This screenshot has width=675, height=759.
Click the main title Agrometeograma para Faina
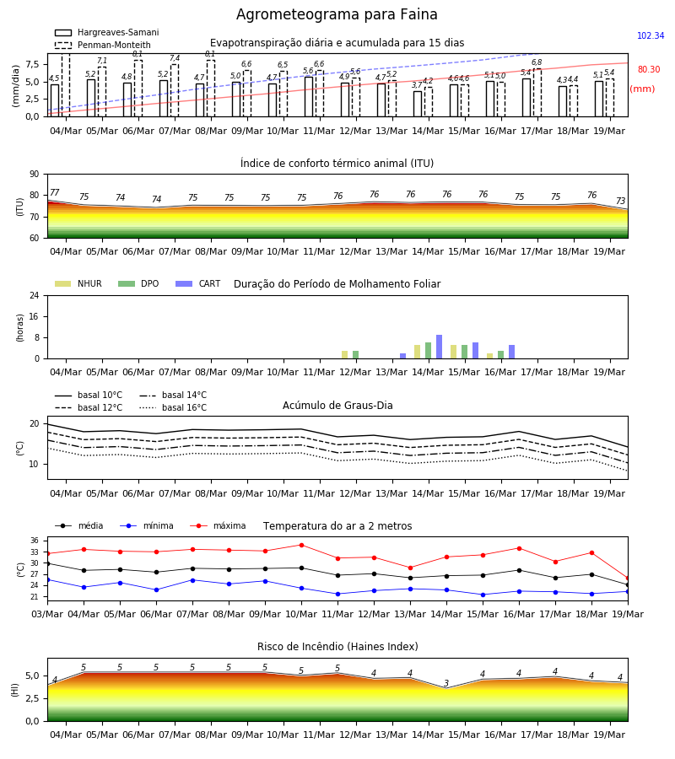click(x=337, y=14)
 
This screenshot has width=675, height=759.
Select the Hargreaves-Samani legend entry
click(x=106, y=32)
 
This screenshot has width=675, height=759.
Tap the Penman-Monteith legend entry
click(x=103, y=45)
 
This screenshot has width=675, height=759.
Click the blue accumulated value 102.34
click(x=651, y=35)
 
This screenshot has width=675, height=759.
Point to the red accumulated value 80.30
click(x=649, y=69)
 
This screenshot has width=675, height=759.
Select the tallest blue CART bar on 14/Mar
click(x=440, y=347)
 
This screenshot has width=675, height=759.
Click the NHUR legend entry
click(x=78, y=283)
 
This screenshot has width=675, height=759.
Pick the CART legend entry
click(x=198, y=283)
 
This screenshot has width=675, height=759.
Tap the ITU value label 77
click(x=54, y=192)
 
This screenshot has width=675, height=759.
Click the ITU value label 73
click(x=620, y=201)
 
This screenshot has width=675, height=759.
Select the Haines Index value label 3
click(x=446, y=683)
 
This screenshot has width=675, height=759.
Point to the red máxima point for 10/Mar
click(x=302, y=545)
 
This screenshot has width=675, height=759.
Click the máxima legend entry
click(x=218, y=525)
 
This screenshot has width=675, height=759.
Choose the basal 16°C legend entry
click(x=173, y=407)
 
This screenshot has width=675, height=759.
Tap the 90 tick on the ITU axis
click(x=34, y=175)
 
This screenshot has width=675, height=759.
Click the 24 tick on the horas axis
click(x=34, y=295)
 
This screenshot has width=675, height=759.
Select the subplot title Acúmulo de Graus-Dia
click(x=337, y=405)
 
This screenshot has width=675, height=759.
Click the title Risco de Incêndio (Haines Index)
click(x=337, y=647)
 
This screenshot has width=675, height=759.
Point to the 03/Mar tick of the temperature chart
click(x=47, y=614)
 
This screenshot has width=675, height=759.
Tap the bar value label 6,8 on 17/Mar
click(x=537, y=62)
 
